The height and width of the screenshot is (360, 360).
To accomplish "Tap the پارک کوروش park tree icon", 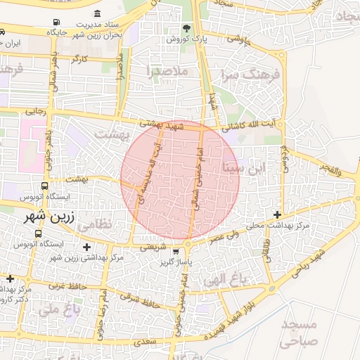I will [186, 29].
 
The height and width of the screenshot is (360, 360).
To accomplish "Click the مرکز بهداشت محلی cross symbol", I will [278, 214].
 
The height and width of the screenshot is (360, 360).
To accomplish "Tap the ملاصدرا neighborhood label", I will [165, 70].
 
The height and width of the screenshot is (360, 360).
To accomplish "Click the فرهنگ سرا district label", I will [250, 73].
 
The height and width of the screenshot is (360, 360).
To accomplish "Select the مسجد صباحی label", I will [298, 333].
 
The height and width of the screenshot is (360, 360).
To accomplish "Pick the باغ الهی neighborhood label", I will [226, 279].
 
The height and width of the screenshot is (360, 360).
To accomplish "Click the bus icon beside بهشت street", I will [45, 187].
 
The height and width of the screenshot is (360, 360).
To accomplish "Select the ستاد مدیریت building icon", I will [97, 14].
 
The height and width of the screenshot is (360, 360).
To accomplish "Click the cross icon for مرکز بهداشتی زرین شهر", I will [86, 247].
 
